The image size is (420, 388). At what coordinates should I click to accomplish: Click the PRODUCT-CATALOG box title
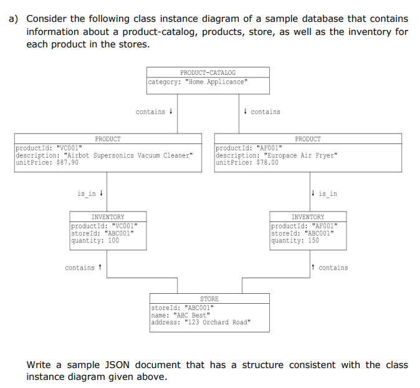point(208,72)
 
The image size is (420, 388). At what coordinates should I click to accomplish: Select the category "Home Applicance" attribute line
point(198,82)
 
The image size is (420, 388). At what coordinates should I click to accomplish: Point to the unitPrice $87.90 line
point(47,162)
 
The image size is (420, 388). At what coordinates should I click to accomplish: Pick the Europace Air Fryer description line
point(276,155)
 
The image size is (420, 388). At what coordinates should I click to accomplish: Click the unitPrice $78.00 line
point(247,162)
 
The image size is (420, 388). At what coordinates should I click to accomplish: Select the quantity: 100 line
point(95,240)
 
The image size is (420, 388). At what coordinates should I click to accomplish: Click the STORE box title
point(209,299)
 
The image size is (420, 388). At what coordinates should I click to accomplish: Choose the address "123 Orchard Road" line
point(201,323)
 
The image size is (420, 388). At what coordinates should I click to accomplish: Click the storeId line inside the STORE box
point(183,308)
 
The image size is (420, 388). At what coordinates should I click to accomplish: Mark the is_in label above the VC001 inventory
point(87,193)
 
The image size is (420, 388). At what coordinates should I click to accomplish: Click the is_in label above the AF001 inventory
point(327,193)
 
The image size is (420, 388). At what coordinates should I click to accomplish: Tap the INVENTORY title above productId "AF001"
point(308,217)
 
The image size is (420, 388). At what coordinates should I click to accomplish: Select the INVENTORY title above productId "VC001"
point(108,217)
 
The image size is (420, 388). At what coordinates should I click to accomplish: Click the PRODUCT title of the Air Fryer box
point(308,139)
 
